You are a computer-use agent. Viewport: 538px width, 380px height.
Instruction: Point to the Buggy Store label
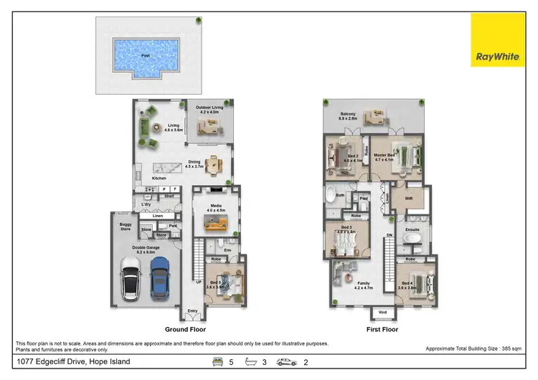[x=126, y=227]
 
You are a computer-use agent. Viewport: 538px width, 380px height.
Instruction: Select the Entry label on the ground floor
[x=192, y=310]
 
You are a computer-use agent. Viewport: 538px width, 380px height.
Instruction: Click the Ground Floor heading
[x=185, y=330]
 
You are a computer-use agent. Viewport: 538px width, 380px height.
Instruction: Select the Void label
[x=382, y=313]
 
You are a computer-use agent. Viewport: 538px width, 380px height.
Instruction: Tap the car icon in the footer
[x=286, y=362]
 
